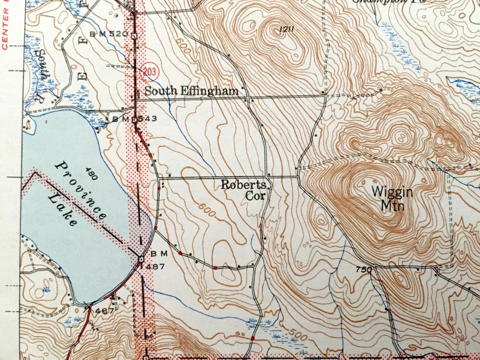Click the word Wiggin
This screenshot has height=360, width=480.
coord(392,192)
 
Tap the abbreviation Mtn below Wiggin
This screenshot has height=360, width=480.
coord(392,206)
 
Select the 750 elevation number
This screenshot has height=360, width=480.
coord(363,269)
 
